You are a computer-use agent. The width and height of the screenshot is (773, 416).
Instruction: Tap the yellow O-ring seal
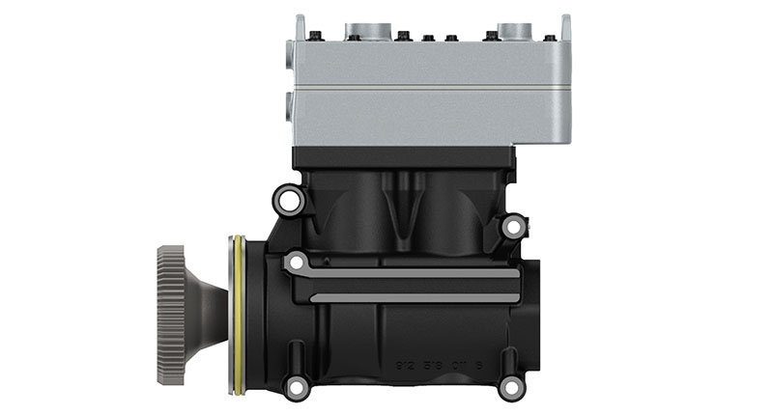(x=235, y=315)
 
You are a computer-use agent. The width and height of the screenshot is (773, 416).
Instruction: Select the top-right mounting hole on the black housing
(x=512, y=227)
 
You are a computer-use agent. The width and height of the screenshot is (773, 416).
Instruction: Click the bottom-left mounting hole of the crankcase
(x=296, y=388)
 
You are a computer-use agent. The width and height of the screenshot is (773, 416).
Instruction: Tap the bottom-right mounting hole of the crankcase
(x=511, y=388)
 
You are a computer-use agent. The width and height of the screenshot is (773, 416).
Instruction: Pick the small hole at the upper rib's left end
(x=296, y=262)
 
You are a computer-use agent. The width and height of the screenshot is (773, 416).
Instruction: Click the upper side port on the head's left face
(x=288, y=59)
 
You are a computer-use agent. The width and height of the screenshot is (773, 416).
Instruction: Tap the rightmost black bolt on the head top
(x=550, y=38)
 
